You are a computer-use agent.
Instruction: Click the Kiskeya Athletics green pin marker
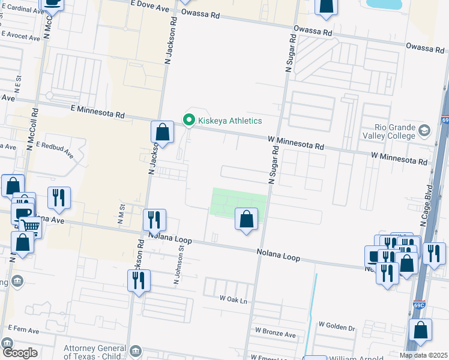(x=190, y=121)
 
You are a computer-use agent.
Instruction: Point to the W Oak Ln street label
(x=234, y=298)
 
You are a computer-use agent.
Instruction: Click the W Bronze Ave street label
(x=276, y=331)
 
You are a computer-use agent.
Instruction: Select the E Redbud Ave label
(x=55, y=149)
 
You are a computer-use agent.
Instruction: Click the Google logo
(x=20, y=353)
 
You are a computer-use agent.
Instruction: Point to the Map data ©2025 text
(x=423, y=355)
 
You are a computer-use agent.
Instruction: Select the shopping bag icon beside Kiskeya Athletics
(x=163, y=131)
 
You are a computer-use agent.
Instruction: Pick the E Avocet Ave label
(x=20, y=37)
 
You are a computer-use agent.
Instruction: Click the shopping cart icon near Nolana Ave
(x=31, y=227)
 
